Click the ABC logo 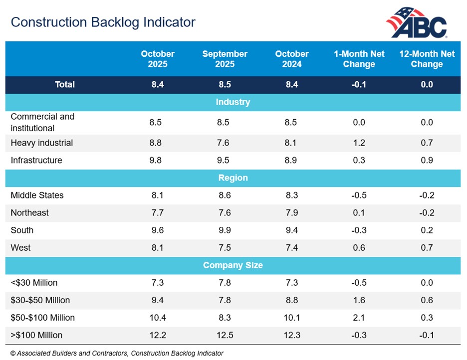click(x=417, y=23)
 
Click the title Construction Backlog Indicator click(x=103, y=22)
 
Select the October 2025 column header click(x=158, y=59)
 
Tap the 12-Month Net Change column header click(x=427, y=59)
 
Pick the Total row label click(x=65, y=85)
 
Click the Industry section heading click(x=233, y=102)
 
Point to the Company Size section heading click(x=233, y=265)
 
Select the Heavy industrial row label click(x=42, y=143)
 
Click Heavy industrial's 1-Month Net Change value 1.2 click(x=359, y=143)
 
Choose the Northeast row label click(x=30, y=213)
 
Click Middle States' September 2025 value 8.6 click(x=225, y=195)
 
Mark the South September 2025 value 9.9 click(x=225, y=230)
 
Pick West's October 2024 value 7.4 click(x=292, y=248)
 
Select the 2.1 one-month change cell click(x=359, y=318)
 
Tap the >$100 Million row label click(x=36, y=335)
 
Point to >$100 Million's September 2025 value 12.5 click(x=225, y=335)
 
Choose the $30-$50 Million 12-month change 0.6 click(x=427, y=300)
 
